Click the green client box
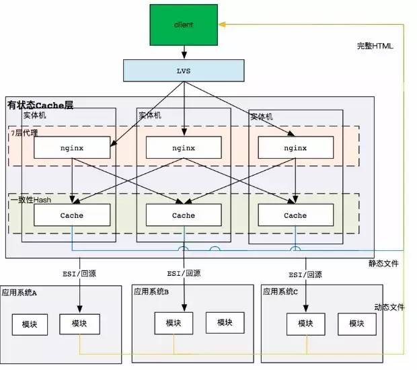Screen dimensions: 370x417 coord(183,24)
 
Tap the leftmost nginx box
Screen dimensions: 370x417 coord(71,148)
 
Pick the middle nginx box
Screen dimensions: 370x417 coord(183,148)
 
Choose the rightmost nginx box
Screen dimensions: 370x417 coord(295,148)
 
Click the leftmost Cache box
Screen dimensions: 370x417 coord(71,215)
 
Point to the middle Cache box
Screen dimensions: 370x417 coord(183,215)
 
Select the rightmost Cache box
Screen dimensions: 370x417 coord(295,215)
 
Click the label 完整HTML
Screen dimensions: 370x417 coord(375,46)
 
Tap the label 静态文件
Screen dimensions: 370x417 coord(383,263)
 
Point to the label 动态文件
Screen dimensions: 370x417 coord(389,307)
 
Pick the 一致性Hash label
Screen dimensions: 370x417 coord(31,200)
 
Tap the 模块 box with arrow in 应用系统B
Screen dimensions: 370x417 coord(174,323)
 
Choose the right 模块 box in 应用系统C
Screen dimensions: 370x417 coord(356,324)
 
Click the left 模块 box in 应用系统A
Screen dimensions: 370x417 coord(29,324)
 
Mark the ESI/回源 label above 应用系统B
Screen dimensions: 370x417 coord(184,274)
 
